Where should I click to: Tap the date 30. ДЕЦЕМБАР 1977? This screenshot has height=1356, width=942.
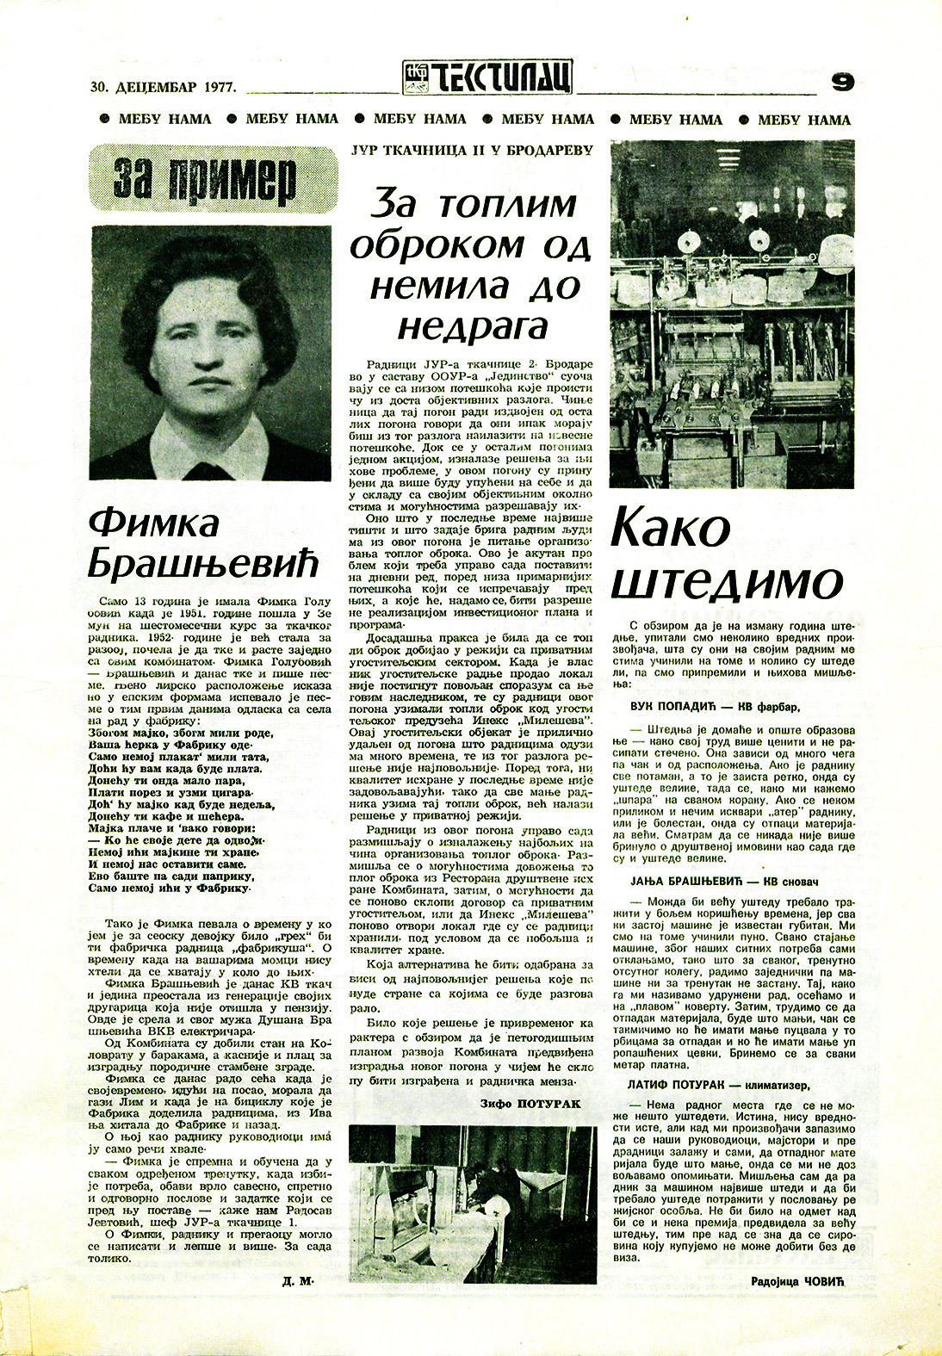[163, 86]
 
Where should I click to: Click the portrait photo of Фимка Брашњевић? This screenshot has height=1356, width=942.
[211, 352]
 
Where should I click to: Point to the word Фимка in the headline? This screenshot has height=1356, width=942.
[153, 523]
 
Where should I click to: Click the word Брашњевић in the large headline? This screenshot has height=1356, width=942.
[203, 565]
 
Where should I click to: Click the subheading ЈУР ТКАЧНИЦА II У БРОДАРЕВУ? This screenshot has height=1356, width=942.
[472, 150]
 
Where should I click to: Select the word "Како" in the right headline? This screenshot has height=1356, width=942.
[670, 529]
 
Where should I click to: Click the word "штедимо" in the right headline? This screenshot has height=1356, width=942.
[724, 582]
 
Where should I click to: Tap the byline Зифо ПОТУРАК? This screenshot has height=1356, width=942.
[528, 1103]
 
